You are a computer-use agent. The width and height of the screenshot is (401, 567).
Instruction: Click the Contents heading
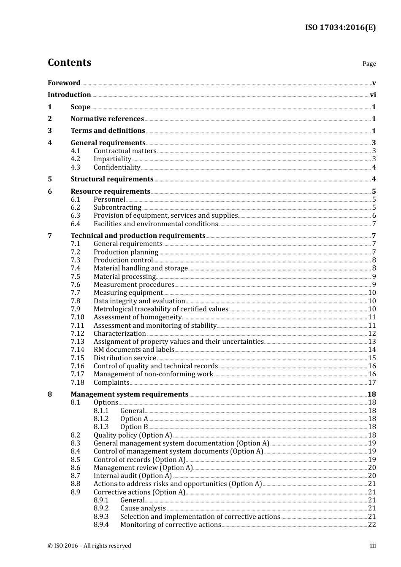coord(69,62)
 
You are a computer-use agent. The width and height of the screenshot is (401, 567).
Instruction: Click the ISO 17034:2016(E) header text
coord(340,27)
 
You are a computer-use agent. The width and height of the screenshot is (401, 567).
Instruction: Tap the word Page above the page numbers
coord(369,64)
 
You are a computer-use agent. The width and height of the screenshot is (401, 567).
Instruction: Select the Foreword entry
coord(64,83)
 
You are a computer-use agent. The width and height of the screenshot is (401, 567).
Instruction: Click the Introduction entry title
coord(69,94)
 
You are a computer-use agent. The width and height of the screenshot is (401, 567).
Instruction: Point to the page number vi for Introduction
coord(373,95)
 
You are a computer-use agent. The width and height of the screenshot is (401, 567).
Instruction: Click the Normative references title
coord(107,119)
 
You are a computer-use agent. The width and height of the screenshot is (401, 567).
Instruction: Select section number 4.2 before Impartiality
coord(75,159)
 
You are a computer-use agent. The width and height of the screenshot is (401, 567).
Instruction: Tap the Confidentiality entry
coord(117,167)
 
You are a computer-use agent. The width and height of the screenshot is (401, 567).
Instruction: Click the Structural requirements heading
coord(112,179)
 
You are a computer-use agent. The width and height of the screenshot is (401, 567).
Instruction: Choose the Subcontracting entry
coord(117,207)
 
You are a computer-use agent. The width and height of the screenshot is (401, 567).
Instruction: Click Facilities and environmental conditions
coord(156,224)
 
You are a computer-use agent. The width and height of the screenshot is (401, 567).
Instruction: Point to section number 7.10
coord(77,317)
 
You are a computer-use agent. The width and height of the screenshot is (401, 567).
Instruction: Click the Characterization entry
coord(119,333)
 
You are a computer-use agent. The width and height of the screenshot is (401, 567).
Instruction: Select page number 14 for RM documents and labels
coord(372,350)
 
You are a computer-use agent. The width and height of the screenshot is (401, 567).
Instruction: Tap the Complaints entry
coord(111,382)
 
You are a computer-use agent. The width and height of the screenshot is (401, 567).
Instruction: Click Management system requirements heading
coord(129,394)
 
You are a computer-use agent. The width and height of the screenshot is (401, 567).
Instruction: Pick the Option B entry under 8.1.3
coord(134,427)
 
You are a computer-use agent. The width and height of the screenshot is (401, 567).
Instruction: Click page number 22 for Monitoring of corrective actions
coord(372,525)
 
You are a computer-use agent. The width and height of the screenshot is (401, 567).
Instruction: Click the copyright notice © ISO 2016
coord(89,545)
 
